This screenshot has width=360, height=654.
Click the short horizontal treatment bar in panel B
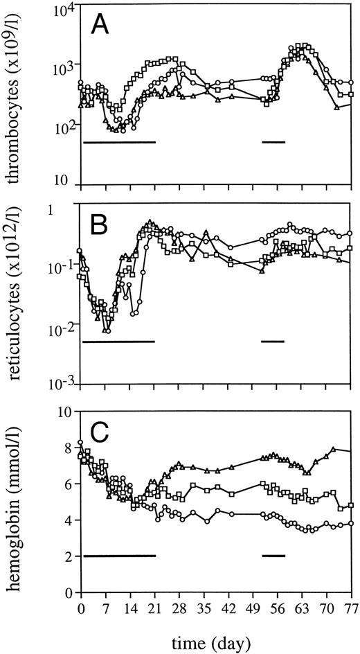point(274,341)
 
